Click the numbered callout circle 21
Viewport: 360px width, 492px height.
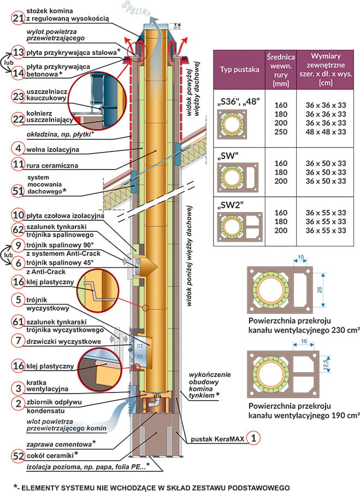[18, 19]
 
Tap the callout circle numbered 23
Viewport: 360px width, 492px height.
[18, 97]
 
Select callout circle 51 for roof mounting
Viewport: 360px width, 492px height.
[18, 191]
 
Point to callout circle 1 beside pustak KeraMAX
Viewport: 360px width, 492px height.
[252, 437]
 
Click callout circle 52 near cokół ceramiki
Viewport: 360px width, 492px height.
[18, 454]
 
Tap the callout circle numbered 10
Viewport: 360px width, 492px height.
[18, 215]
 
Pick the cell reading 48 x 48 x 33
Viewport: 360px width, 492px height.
[326, 132]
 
